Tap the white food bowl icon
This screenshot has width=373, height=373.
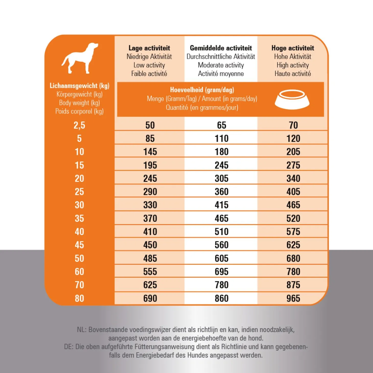click(x=292, y=99)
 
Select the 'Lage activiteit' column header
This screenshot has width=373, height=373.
click(x=149, y=48)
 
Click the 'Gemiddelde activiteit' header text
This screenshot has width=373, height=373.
click(x=221, y=48)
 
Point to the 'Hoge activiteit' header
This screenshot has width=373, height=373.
click(x=293, y=48)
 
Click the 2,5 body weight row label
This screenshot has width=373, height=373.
click(x=79, y=125)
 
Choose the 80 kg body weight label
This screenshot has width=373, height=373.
click(x=79, y=298)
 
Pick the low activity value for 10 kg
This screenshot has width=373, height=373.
click(x=150, y=152)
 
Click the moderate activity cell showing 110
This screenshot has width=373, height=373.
click(x=221, y=138)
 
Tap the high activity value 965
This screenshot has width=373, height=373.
click(x=293, y=298)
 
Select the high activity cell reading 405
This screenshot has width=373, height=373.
click(x=293, y=192)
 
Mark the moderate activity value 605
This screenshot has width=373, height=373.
click(x=221, y=258)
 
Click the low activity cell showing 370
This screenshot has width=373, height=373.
click(x=150, y=218)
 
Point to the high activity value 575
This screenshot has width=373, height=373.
click(x=293, y=232)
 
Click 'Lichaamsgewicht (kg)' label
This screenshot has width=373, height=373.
click(x=79, y=86)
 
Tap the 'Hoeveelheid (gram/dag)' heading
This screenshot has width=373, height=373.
click(x=202, y=90)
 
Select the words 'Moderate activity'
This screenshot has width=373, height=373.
click(x=221, y=65)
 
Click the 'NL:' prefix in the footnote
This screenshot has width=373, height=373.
click(x=82, y=330)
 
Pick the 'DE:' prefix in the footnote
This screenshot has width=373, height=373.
click(x=69, y=347)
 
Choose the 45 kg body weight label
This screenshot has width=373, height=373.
click(x=79, y=245)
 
